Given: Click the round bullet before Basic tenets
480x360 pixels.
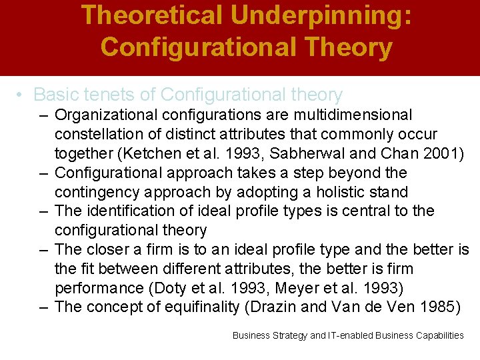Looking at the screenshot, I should (x=22, y=96).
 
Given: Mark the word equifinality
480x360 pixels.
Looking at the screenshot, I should (x=207, y=307).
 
